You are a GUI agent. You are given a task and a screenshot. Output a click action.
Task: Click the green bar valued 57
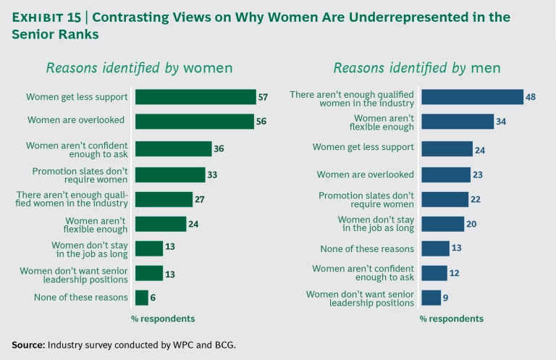click(195, 96)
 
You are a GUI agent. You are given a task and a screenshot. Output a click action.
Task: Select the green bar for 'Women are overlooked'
click(194, 121)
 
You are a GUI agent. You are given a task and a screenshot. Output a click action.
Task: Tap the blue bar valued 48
click(472, 96)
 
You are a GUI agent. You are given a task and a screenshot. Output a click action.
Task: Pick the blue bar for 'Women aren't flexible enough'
click(458, 121)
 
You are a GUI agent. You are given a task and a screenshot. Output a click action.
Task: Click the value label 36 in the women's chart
click(219, 149)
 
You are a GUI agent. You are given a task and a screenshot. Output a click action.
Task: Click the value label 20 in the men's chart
click(471, 224)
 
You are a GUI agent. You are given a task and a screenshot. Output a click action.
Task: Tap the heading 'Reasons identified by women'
click(139, 68)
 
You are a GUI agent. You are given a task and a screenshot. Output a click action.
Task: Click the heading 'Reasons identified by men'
click(417, 68)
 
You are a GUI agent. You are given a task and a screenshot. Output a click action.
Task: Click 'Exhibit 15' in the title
click(46, 17)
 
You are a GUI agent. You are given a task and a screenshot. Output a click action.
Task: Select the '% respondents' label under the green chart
click(163, 319)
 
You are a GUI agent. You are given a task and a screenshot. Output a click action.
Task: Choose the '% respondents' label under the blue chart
click(451, 319)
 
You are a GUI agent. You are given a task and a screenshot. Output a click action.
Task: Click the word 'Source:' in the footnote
click(28, 345)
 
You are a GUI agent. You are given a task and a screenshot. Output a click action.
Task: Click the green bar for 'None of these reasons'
click(141, 298)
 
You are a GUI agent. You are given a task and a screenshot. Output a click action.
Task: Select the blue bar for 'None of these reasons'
click(435, 248)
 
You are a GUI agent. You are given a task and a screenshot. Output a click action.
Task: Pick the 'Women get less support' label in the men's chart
click(363, 147)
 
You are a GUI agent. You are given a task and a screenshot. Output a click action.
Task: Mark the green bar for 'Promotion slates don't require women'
click(170, 175)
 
